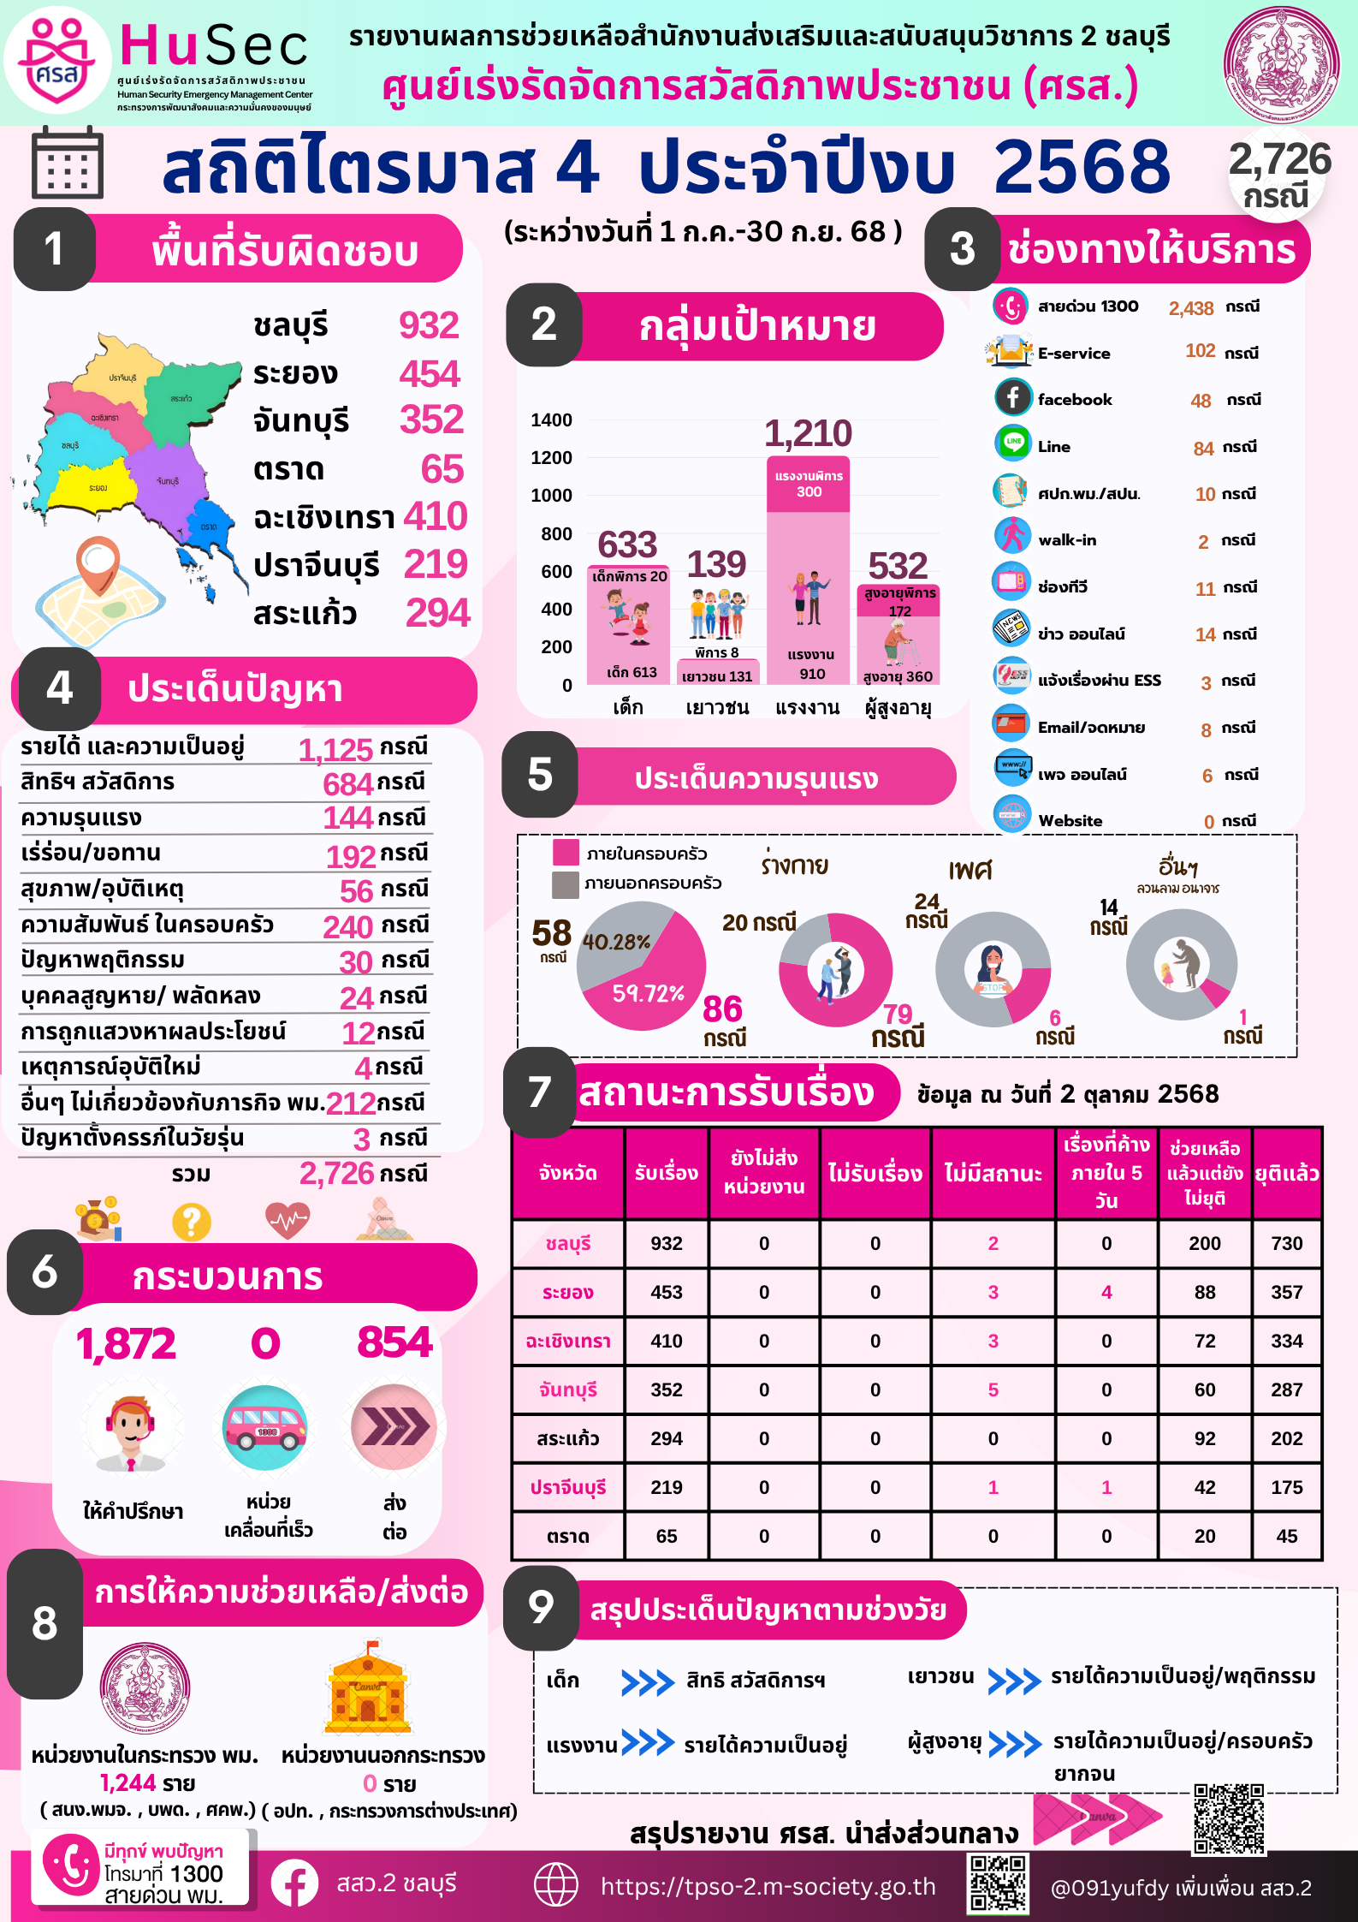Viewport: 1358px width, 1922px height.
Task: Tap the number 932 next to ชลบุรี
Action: coord(429,325)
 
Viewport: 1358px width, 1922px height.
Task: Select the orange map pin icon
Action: coord(98,563)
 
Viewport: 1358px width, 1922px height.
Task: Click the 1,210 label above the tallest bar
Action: coord(808,434)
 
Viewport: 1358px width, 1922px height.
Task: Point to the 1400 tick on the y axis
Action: coord(551,420)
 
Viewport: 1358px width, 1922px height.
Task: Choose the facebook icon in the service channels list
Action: coord(1012,397)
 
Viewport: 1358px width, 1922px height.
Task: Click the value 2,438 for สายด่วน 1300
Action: coord(1191,308)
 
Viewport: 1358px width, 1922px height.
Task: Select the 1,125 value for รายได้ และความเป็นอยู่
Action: coord(335,750)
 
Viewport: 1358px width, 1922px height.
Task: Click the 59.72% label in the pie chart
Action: coord(648,993)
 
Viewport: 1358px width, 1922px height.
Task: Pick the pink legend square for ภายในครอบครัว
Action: coord(566,853)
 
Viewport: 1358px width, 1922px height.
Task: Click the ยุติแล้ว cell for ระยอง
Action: coord(1286,1292)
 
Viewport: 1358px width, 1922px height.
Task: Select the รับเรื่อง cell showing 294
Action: coord(666,1438)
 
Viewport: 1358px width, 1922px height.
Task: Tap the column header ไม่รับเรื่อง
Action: coord(875,1173)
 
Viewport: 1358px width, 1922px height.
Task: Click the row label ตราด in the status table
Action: coord(567,1536)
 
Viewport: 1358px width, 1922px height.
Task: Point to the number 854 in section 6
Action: coord(394,1342)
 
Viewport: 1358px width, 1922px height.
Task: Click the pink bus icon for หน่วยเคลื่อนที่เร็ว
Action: coord(264,1427)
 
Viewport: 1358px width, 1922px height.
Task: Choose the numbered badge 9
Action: coord(541,1607)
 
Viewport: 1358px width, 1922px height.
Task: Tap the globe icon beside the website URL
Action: coord(556,1886)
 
